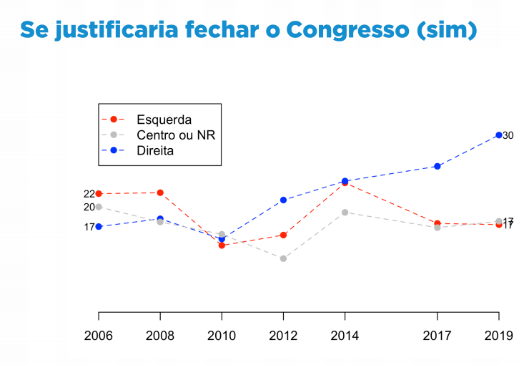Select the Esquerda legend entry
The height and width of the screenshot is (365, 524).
(x=164, y=119)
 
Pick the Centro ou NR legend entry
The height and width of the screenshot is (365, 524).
(x=175, y=135)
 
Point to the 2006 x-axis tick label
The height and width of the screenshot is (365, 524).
(x=99, y=336)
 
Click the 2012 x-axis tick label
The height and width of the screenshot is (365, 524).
(x=283, y=336)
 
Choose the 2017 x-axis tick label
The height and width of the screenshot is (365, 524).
(x=437, y=336)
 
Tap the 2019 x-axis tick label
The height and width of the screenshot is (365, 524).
(x=498, y=336)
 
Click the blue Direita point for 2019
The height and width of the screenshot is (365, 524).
(x=498, y=135)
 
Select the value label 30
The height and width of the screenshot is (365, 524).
(x=508, y=135)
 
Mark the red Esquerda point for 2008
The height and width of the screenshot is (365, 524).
(x=160, y=193)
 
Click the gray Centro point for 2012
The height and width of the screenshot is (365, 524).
(x=283, y=258)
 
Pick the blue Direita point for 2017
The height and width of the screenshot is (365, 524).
(x=437, y=166)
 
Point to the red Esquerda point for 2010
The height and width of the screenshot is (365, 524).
(x=222, y=245)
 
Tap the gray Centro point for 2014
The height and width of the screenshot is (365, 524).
(x=345, y=212)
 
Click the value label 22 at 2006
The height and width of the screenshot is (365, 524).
(x=89, y=194)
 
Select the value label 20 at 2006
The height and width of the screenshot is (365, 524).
(x=89, y=207)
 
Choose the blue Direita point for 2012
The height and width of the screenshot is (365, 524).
(x=283, y=200)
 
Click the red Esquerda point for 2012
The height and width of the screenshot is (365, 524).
(x=283, y=235)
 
